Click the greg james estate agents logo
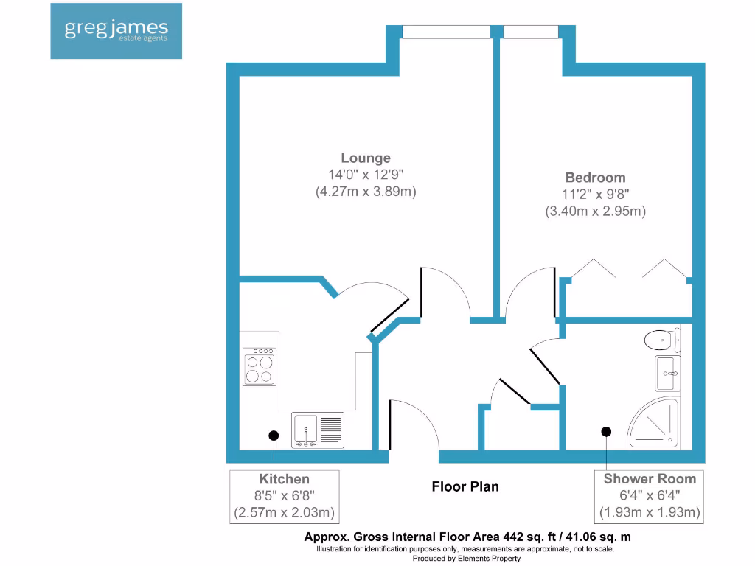click(x=116, y=30)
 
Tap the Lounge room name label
click(x=366, y=158)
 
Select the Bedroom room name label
click(x=595, y=178)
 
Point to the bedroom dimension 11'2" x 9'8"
click(x=595, y=195)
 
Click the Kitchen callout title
click(x=284, y=479)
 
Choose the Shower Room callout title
click(x=650, y=479)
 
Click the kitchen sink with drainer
click(x=318, y=430)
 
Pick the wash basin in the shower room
click(x=667, y=374)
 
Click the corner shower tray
click(x=653, y=425)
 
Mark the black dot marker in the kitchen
click(x=274, y=436)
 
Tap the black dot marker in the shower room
click(x=607, y=431)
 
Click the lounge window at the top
click(x=445, y=32)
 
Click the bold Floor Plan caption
click(x=465, y=486)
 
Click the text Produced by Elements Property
click(x=466, y=559)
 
